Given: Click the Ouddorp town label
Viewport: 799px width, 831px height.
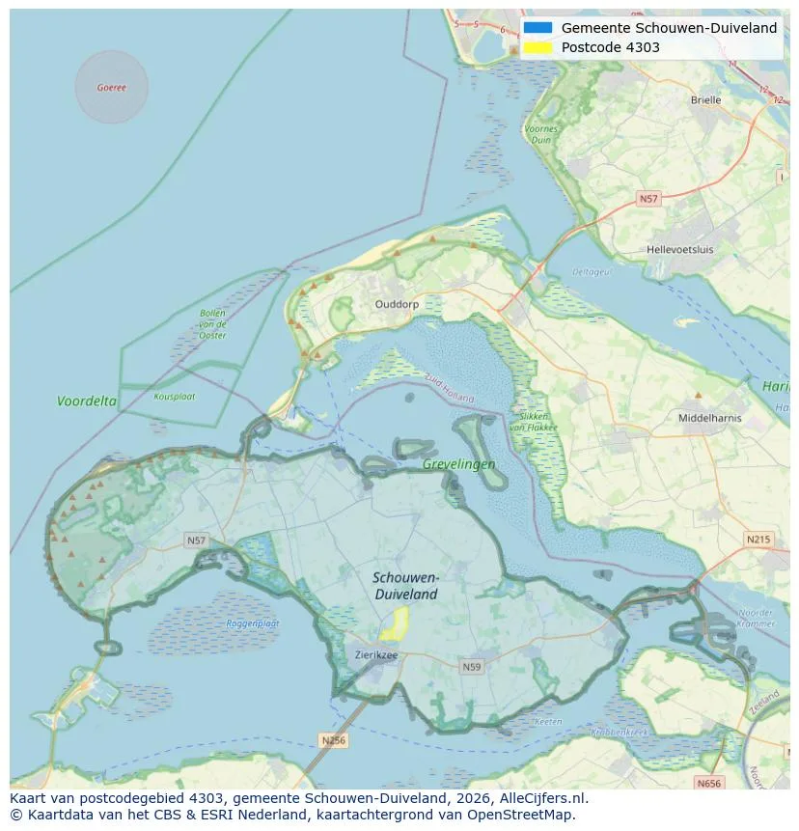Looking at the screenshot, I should (x=396, y=303).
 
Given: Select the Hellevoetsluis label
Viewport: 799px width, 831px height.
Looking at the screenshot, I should (x=680, y=249).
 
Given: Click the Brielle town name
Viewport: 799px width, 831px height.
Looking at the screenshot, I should (x=705, y=99).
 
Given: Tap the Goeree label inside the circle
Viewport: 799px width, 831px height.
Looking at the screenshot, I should (x=111, y=88).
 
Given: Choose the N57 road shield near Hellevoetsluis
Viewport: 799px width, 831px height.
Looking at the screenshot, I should (x=648, y=199).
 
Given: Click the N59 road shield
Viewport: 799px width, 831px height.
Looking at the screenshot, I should (x=471, y=667).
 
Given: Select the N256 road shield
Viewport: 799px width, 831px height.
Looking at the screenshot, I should (x=333, y=740).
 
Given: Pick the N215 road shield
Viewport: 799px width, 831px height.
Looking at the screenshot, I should (x=758, y=539).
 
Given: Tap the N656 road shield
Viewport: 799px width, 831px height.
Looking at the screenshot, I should (x=708, y=784).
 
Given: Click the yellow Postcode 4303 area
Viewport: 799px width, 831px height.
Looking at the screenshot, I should (x=395, y=623).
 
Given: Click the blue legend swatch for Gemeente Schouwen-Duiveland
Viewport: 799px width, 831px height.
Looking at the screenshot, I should (x=538, y=28).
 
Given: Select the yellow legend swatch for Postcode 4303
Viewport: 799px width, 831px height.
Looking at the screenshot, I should (x=538, y=47).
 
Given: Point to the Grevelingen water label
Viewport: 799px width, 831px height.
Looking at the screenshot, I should (x=458, y=464).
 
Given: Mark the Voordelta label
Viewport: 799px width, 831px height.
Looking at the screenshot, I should (x=87, y=401).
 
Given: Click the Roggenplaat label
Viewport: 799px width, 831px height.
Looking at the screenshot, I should (x=253, y=623).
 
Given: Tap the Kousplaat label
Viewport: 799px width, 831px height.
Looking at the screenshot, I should (x=174, y=396).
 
